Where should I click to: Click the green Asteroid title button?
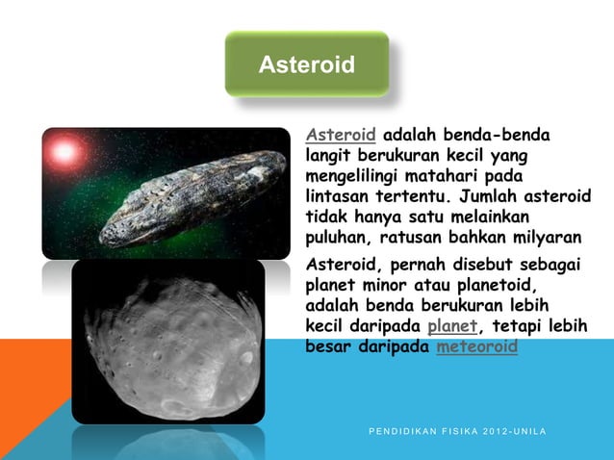click(x=306, y=64)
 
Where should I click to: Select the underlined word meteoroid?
click(x=476, y=346)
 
